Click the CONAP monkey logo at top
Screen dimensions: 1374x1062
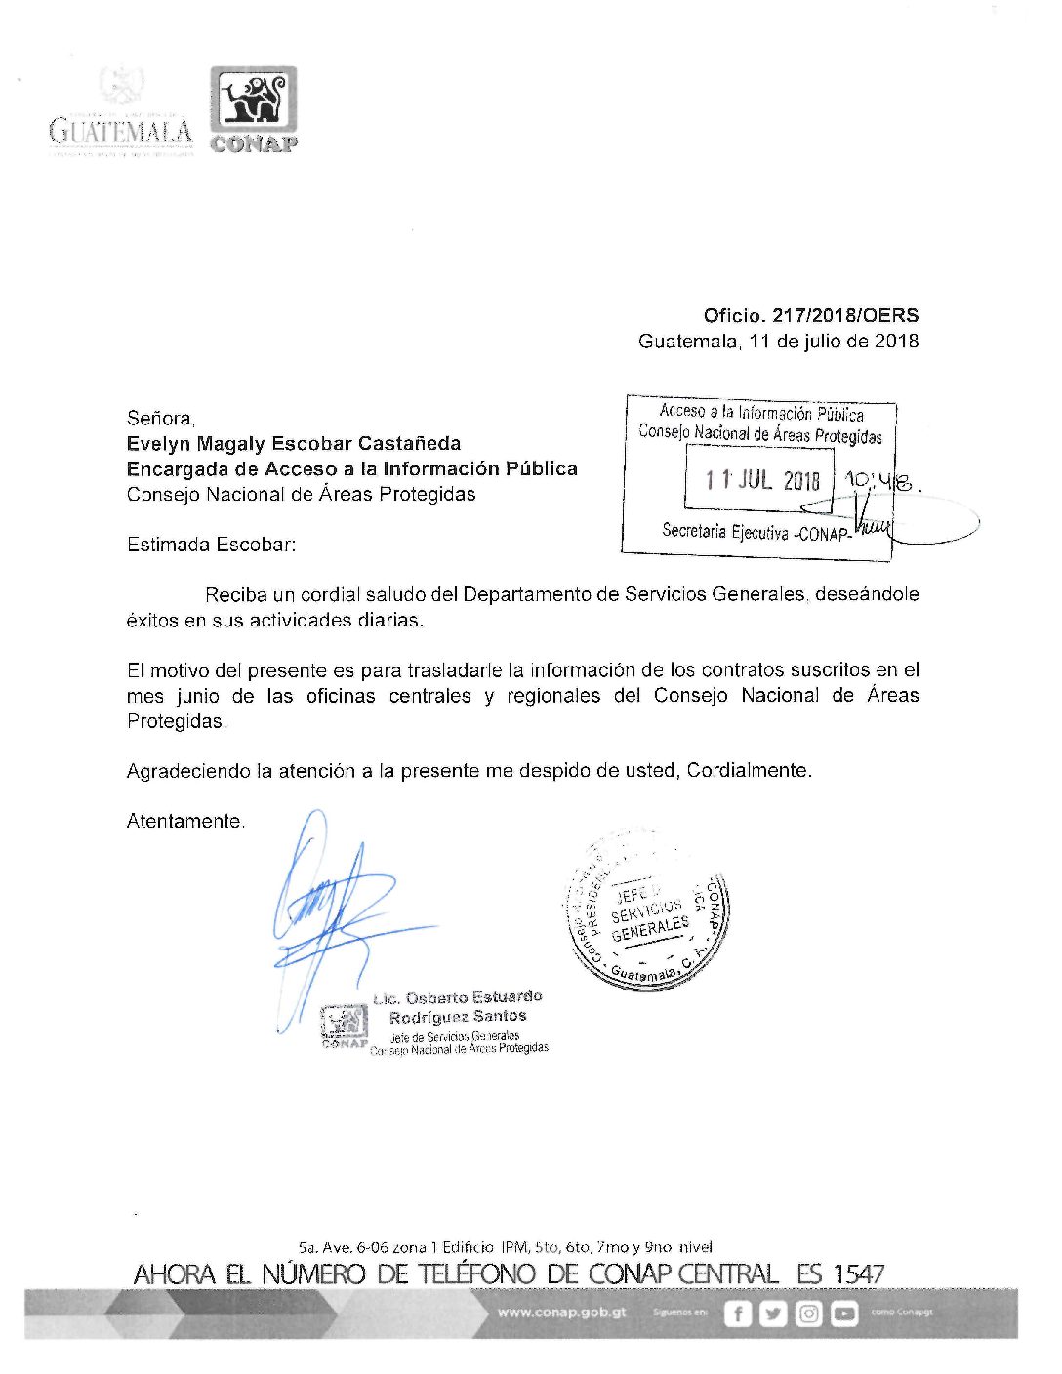coord(253,102)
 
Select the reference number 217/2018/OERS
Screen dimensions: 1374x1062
coord(845,315)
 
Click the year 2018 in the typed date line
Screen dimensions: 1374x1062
coord(896,341)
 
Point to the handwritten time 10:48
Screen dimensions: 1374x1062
coord(880,480)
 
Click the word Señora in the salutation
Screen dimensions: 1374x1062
coord(160,418)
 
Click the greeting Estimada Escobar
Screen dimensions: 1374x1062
coord(211,545)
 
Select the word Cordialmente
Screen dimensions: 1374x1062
coord(749,770)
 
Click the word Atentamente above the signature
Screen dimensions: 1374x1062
coord(184,821)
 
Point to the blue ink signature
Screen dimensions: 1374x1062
coord(332,908)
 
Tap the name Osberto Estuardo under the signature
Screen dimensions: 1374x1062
coord(471,997)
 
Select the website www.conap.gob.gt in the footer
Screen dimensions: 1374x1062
coord(561,1312)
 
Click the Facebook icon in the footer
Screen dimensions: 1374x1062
coord(738,1313)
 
